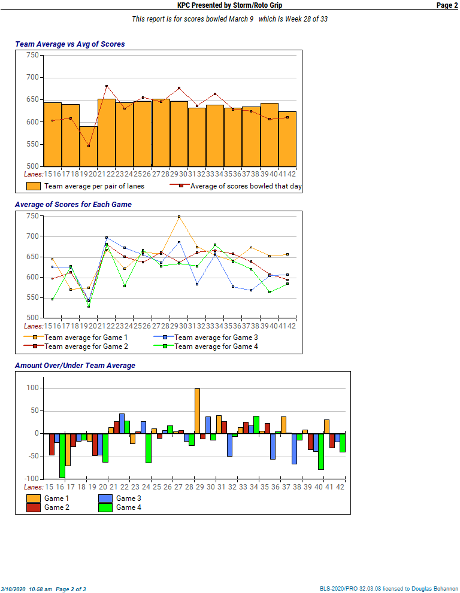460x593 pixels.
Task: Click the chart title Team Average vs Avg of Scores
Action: coord(69,44)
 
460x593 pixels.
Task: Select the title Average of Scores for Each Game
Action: coord(73,205)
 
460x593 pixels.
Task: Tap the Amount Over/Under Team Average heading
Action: coord(75,366)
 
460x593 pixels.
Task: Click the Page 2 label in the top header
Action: coord(447,5)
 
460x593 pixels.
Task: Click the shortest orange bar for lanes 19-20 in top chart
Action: coord(89,146)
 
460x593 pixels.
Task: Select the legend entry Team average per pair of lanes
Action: coord(94,186)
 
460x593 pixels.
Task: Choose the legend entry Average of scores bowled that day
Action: coord(246,186)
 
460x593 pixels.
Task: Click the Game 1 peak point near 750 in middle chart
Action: coord(178,217)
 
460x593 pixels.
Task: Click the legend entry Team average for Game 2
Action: coord(86,346)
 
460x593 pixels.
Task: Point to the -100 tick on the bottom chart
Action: coord(31,479)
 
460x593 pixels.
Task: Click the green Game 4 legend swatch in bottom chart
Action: coord(105,507)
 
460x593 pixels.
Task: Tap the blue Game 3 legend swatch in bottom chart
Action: coord(105,498)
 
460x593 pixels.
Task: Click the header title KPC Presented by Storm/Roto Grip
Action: coord(229,5)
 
